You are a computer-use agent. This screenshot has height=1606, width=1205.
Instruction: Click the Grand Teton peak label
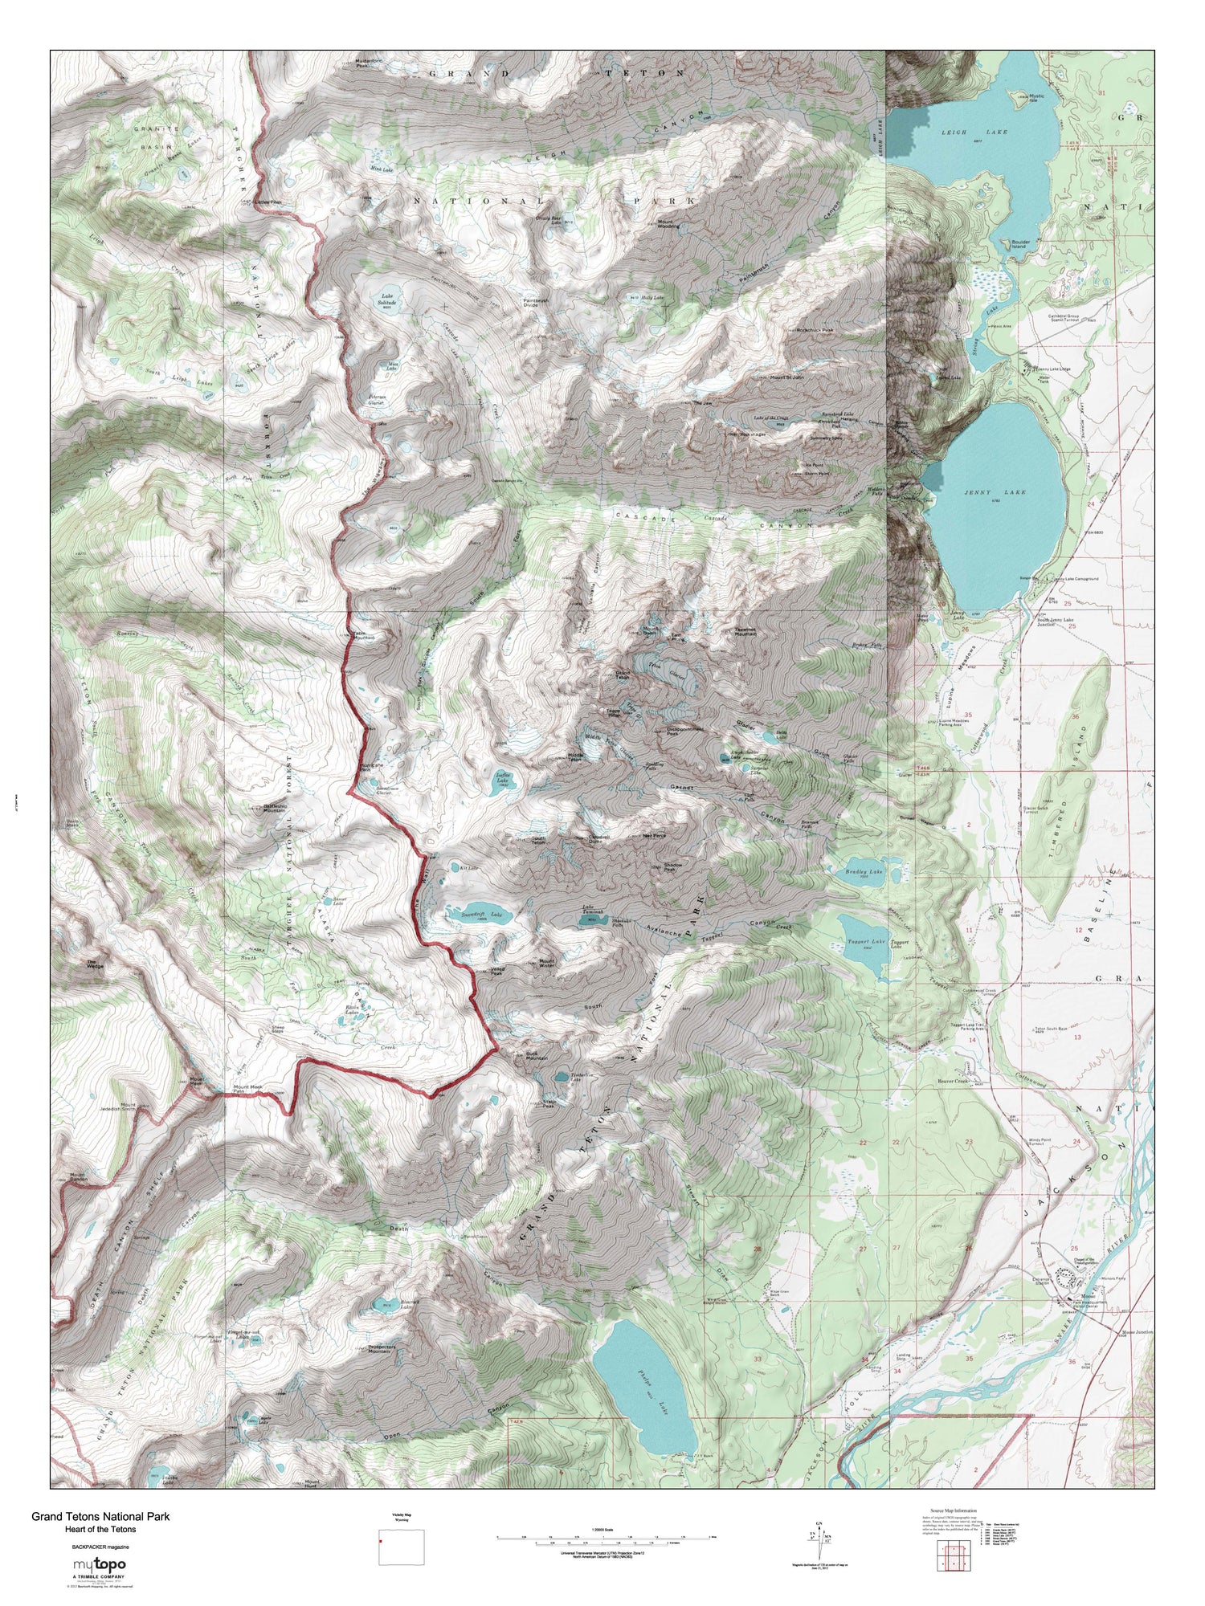622,675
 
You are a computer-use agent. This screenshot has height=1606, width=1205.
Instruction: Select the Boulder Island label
1010,246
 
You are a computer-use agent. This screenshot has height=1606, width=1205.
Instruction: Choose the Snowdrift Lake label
468,915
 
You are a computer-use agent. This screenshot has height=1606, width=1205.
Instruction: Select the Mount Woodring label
668,224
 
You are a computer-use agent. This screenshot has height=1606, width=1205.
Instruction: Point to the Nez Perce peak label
655,835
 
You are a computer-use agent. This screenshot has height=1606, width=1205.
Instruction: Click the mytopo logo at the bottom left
100,1564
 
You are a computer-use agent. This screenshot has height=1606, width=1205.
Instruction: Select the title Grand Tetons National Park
100,1517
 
